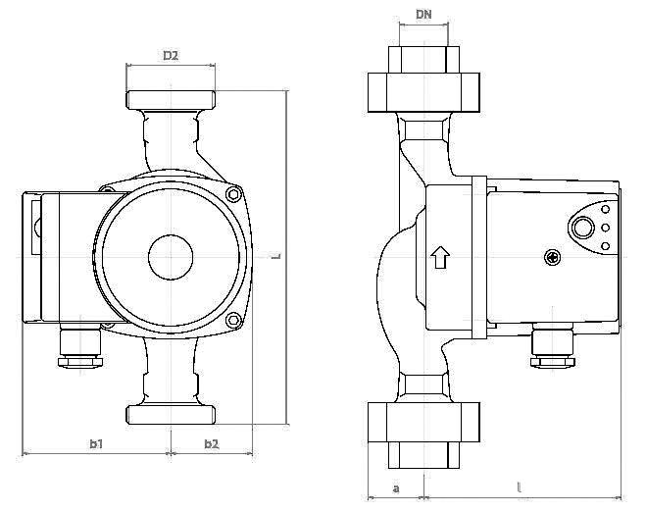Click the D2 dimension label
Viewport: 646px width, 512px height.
tap(171, 55)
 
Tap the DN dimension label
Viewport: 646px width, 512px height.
tap(423, 15)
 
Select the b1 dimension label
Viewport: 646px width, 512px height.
tap(96, 443)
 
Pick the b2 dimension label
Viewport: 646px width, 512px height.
tap(212, 443)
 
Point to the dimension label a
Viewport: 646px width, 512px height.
tap(396, 488)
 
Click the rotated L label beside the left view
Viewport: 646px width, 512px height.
tap(276, 256)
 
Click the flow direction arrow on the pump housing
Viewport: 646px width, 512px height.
tap(440, 258)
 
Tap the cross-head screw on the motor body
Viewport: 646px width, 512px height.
tap(552, 258)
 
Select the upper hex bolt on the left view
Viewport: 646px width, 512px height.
tap(234, 194)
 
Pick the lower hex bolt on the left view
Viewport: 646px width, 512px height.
tap(233, 320)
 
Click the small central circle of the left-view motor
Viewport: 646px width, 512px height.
tap(171, 257)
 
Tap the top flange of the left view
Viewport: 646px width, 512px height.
tap(171, 100)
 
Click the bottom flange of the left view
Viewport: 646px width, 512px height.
tap(171, 415)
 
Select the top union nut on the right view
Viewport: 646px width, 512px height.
tap(423, 92)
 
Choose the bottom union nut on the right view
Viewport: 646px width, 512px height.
tap(423, 423)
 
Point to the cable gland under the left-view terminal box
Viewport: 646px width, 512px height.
tap(80, 344)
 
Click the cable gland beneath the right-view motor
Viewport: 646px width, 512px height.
tap(553, 344)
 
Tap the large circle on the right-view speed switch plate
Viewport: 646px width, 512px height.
tap(583, 228)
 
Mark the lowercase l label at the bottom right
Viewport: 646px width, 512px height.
tap(520, 488)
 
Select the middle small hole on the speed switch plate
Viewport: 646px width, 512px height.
tap(605, 228)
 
